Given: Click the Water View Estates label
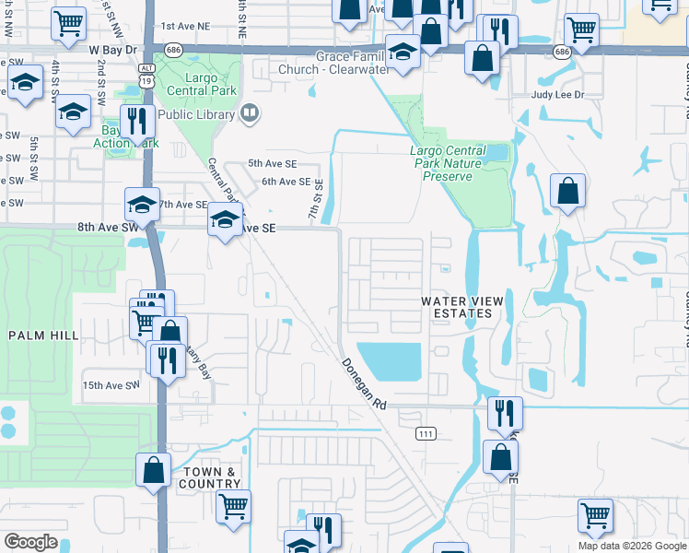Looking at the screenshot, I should pos(456,307).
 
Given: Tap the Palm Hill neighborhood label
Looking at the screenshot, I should pos(44,335).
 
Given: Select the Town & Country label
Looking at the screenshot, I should pos(211,477).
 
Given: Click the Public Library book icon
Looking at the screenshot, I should pos(249,113).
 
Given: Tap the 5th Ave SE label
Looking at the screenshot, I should pos(270,163).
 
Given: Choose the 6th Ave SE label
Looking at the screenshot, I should pos(284,182).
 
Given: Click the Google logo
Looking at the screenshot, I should pos(30,542).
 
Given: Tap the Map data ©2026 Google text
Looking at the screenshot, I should pos(631,546).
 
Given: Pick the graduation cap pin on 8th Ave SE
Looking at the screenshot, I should pos(224,220).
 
